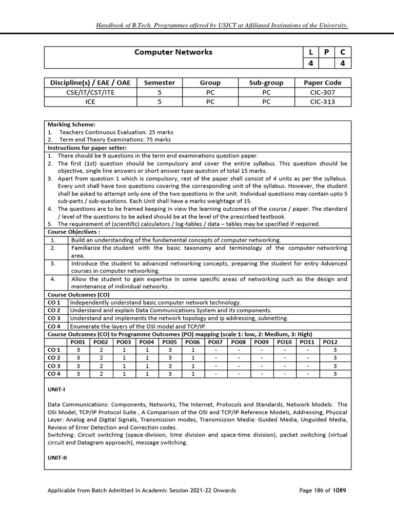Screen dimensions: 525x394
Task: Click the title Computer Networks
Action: (173, 52)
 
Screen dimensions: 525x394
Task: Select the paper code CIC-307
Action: (323, 92)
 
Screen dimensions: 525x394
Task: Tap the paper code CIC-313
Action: (323, 102)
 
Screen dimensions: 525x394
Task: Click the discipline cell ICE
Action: (91, 102)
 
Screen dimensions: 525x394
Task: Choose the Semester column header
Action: (159, 82)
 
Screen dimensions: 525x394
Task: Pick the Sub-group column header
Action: (266, 82)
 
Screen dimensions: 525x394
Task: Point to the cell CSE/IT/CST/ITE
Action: (91, 92)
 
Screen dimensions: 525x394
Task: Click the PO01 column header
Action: (78, 342)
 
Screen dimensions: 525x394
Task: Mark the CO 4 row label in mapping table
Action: (54, 374)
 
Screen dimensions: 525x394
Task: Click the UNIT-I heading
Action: (57, 390)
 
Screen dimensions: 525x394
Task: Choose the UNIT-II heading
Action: (57, 458)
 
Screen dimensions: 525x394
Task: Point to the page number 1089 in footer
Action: (339, 490)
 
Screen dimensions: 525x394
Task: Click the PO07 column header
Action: (215, 342)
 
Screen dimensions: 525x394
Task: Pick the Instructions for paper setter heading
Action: (87, 148)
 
